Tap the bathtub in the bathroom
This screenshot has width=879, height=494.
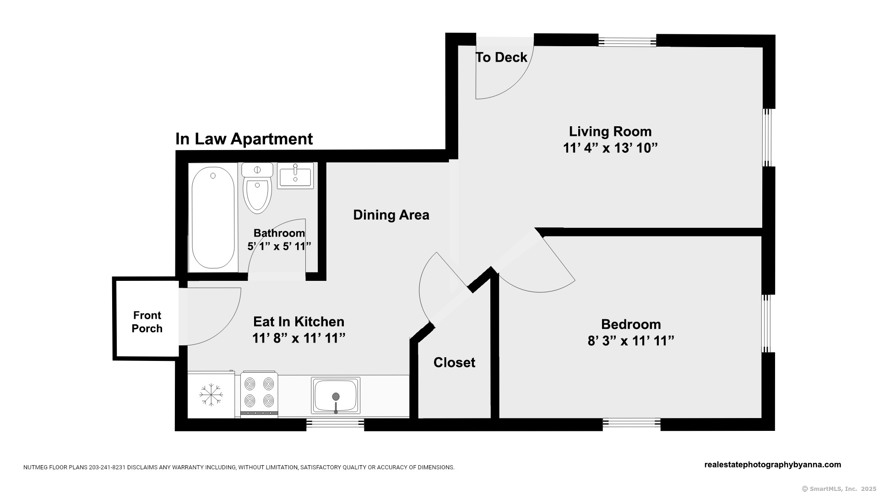pos(213,218)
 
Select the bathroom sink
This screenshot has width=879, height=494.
pos(296,176)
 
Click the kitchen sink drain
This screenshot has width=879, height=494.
pos(336,397)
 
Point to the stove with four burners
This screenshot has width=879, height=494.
pos(259,394)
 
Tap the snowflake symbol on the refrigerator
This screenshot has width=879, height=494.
pos(211,394)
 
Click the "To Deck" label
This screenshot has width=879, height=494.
pos(501,57)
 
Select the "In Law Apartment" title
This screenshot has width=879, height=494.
pos(244,139)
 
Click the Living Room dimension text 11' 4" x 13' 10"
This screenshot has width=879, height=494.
pos(610,148)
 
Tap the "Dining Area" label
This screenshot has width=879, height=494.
pos(391,215)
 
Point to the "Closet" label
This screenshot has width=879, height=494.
pos(454,362)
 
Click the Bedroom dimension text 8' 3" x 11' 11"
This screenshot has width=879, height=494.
pos(631,341)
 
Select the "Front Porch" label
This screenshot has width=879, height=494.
pos(147,322)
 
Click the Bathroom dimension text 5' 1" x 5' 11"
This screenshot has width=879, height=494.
pos(279,246)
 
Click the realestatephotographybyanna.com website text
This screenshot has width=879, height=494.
pos(772,465)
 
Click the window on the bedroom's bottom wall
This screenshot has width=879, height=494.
pos(631,424)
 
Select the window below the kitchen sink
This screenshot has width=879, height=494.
pos(335,424)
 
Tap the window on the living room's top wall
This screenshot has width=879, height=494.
pos(627,41)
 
